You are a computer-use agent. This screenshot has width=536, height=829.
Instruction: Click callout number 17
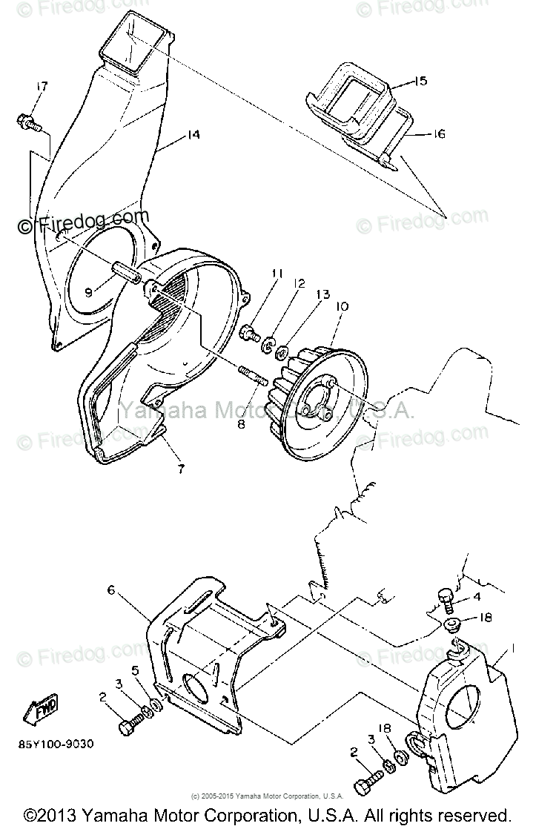coord(42,87)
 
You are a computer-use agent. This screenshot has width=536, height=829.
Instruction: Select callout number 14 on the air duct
coord(193,135)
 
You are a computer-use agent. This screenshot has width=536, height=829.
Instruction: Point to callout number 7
coord(180,469)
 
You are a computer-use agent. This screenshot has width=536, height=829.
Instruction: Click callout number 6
coord(112,590)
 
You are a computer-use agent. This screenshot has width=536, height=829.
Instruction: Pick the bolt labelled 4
coord(447,595)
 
